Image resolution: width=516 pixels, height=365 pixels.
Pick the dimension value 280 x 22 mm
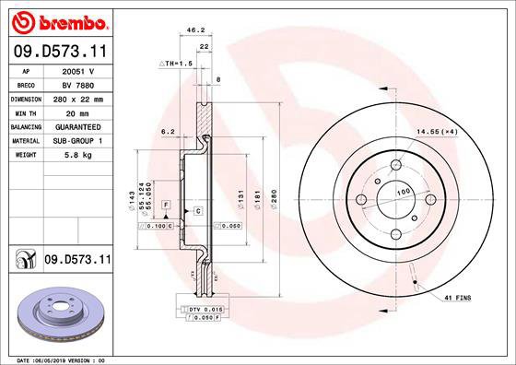point(76,98)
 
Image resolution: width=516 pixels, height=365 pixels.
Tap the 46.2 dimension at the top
point(195,30)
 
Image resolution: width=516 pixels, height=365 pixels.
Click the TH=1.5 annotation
point(175,63)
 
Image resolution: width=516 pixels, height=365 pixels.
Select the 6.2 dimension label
point(168,132)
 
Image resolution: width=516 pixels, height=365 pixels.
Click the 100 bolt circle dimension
point(402,192)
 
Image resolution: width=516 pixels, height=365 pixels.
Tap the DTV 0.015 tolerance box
point(204,309)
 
